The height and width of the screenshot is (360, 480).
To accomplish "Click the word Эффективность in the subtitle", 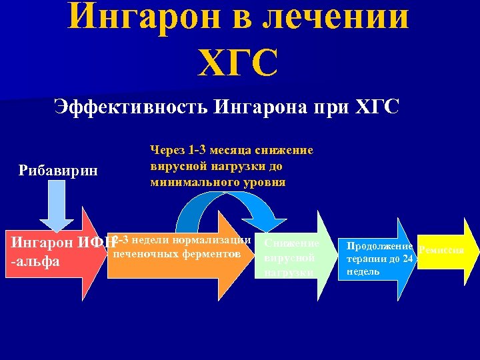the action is click(130, 107).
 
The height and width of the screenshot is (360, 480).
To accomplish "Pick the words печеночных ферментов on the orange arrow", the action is click(176, 253).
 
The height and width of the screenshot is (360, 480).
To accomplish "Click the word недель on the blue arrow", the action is click(363, 271).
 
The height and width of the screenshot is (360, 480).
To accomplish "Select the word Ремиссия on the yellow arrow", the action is click(439, 251).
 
